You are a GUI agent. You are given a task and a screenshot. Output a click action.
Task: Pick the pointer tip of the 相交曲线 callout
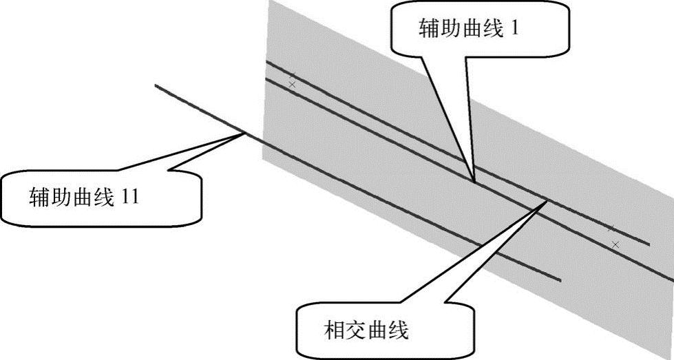[549, 200]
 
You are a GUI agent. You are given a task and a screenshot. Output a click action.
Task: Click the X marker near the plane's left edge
[293, 84]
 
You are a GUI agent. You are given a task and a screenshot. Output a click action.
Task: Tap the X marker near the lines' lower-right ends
[615, 244]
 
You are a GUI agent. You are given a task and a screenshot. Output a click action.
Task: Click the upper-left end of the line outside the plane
[156, 85]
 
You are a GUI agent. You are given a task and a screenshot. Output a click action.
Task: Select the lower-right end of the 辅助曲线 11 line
[562, 279]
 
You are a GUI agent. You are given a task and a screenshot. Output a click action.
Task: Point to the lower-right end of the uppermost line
[649, 243]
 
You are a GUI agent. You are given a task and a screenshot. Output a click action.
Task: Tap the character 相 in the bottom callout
[333, 331]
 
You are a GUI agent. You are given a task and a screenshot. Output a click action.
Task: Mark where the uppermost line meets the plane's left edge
[266, 61]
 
